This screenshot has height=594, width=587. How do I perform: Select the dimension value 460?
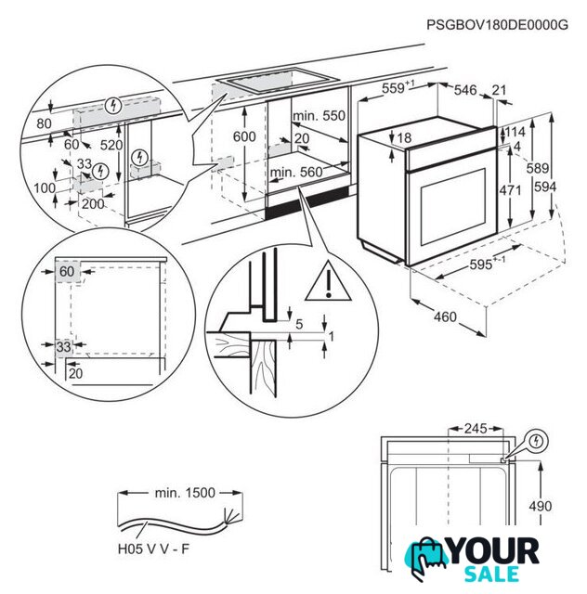[x=445, y=317]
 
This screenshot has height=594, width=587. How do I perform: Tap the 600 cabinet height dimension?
[x=244, y=136]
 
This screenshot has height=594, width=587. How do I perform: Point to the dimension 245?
[x=475, y=429]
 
